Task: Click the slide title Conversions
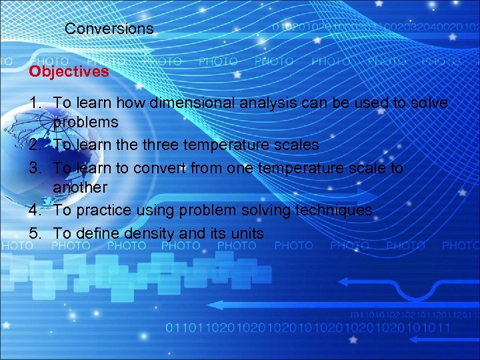point(109,29)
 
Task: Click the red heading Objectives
point(69,71)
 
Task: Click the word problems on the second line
point(85,123)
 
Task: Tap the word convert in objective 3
point(160,168)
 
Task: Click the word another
point(80,188)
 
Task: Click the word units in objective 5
point(244,233)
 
